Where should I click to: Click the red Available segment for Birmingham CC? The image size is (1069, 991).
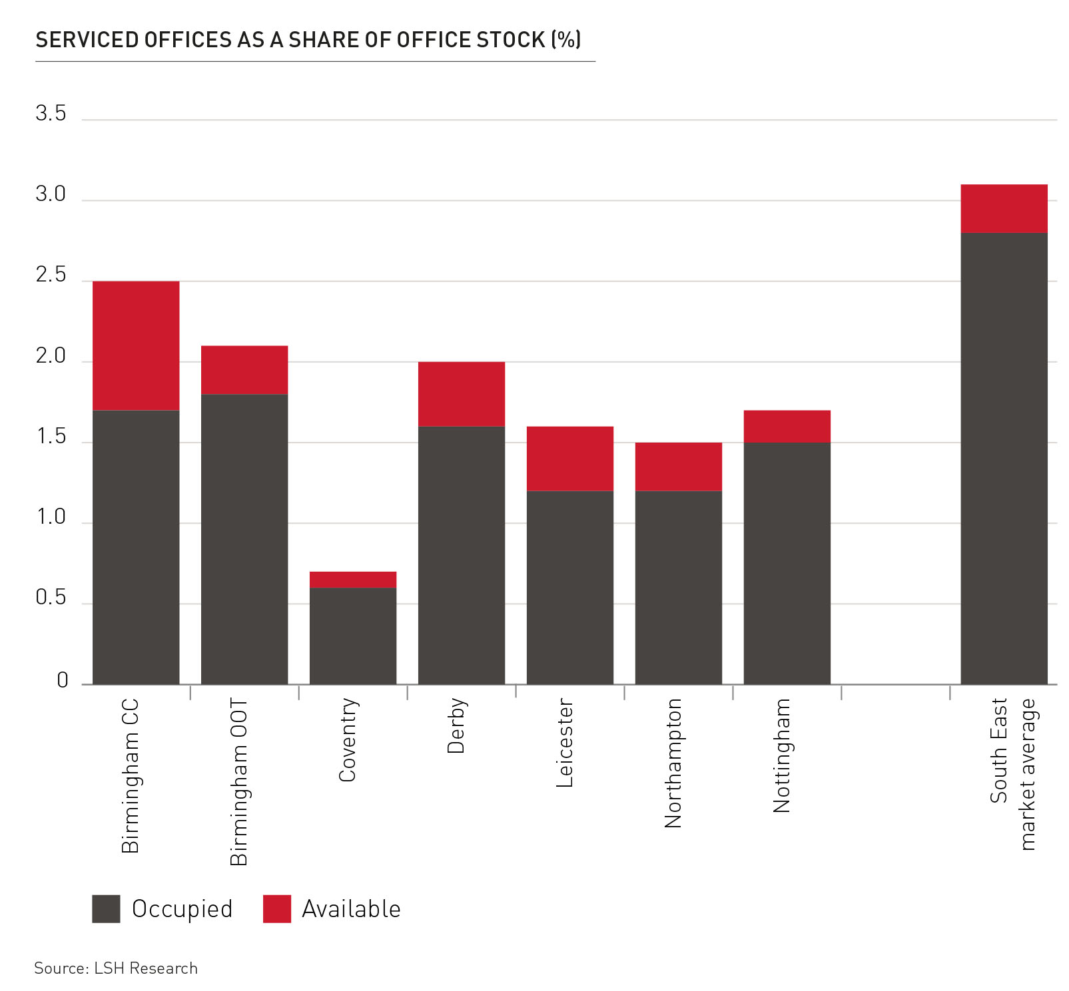[x=136, y=345]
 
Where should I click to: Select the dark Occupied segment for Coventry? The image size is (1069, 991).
[x=353, y=636]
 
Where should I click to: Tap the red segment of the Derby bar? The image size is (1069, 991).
[x=462, y=394]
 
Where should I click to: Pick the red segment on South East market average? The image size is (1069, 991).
[x=1004, y=208]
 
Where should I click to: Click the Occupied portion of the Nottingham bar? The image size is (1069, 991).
[x=787, y=563]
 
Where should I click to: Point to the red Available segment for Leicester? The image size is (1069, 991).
[x=570, y=459]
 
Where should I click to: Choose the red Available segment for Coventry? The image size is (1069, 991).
[x=353, y=580]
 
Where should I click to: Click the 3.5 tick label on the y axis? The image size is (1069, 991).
[x=51, y=114]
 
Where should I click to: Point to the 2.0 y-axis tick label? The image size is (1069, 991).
[x=51, y=357]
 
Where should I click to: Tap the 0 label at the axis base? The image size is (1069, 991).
[x=63, y=680]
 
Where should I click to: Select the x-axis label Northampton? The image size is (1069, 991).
[x=673, y=763]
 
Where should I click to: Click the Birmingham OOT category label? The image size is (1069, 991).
[x=238, y=781]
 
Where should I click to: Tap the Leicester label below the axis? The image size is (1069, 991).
[x=565, y=742]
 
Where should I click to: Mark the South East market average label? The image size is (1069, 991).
[x=1013, y=773]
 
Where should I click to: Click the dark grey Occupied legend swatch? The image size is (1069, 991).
[x=106, y=908]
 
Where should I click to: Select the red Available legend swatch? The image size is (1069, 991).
[x=277, y=908]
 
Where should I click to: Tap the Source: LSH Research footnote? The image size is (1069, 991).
[x=116, y=968]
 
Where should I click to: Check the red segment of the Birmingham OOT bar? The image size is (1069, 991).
[x=244, y=369]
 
